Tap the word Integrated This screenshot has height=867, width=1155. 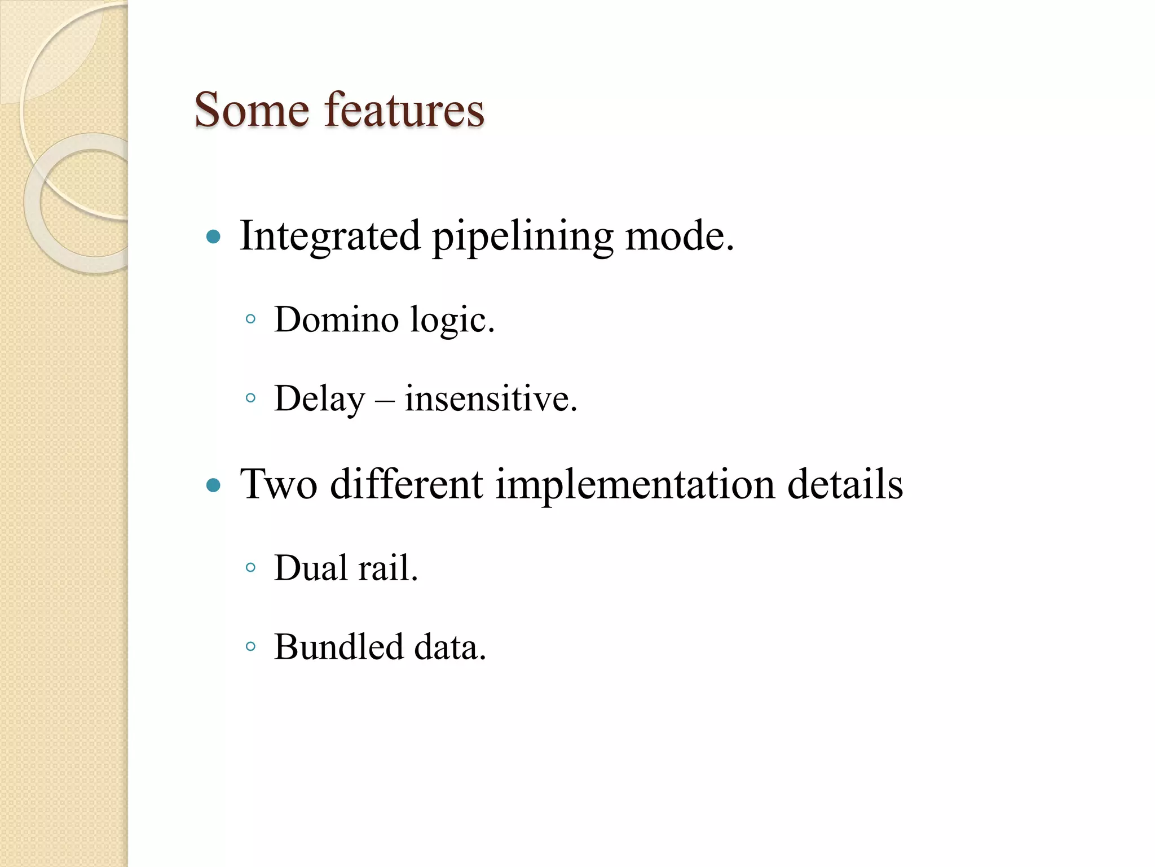tap(330, 236)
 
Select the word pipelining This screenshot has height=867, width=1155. tap(522, 237)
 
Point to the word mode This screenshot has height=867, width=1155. tap(678, 236)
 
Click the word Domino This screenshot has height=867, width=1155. tap(337, 319)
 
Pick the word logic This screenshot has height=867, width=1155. tap(452, 321)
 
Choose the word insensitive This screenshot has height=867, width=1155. tap(491, 399)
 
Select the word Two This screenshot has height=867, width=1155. tap(279, 484)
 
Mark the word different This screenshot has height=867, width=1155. tap(406, 484)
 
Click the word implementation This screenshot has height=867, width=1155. tap(635, 485)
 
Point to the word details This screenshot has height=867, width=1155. tap(845, 484)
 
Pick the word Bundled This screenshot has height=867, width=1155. tap(339, 647)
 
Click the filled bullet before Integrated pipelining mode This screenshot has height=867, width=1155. tap(213, 237)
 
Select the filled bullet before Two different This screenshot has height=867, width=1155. tap(213, 485)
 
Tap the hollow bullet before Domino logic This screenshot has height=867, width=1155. tap(251, 319)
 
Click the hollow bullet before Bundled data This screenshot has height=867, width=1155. tap(251, 647)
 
